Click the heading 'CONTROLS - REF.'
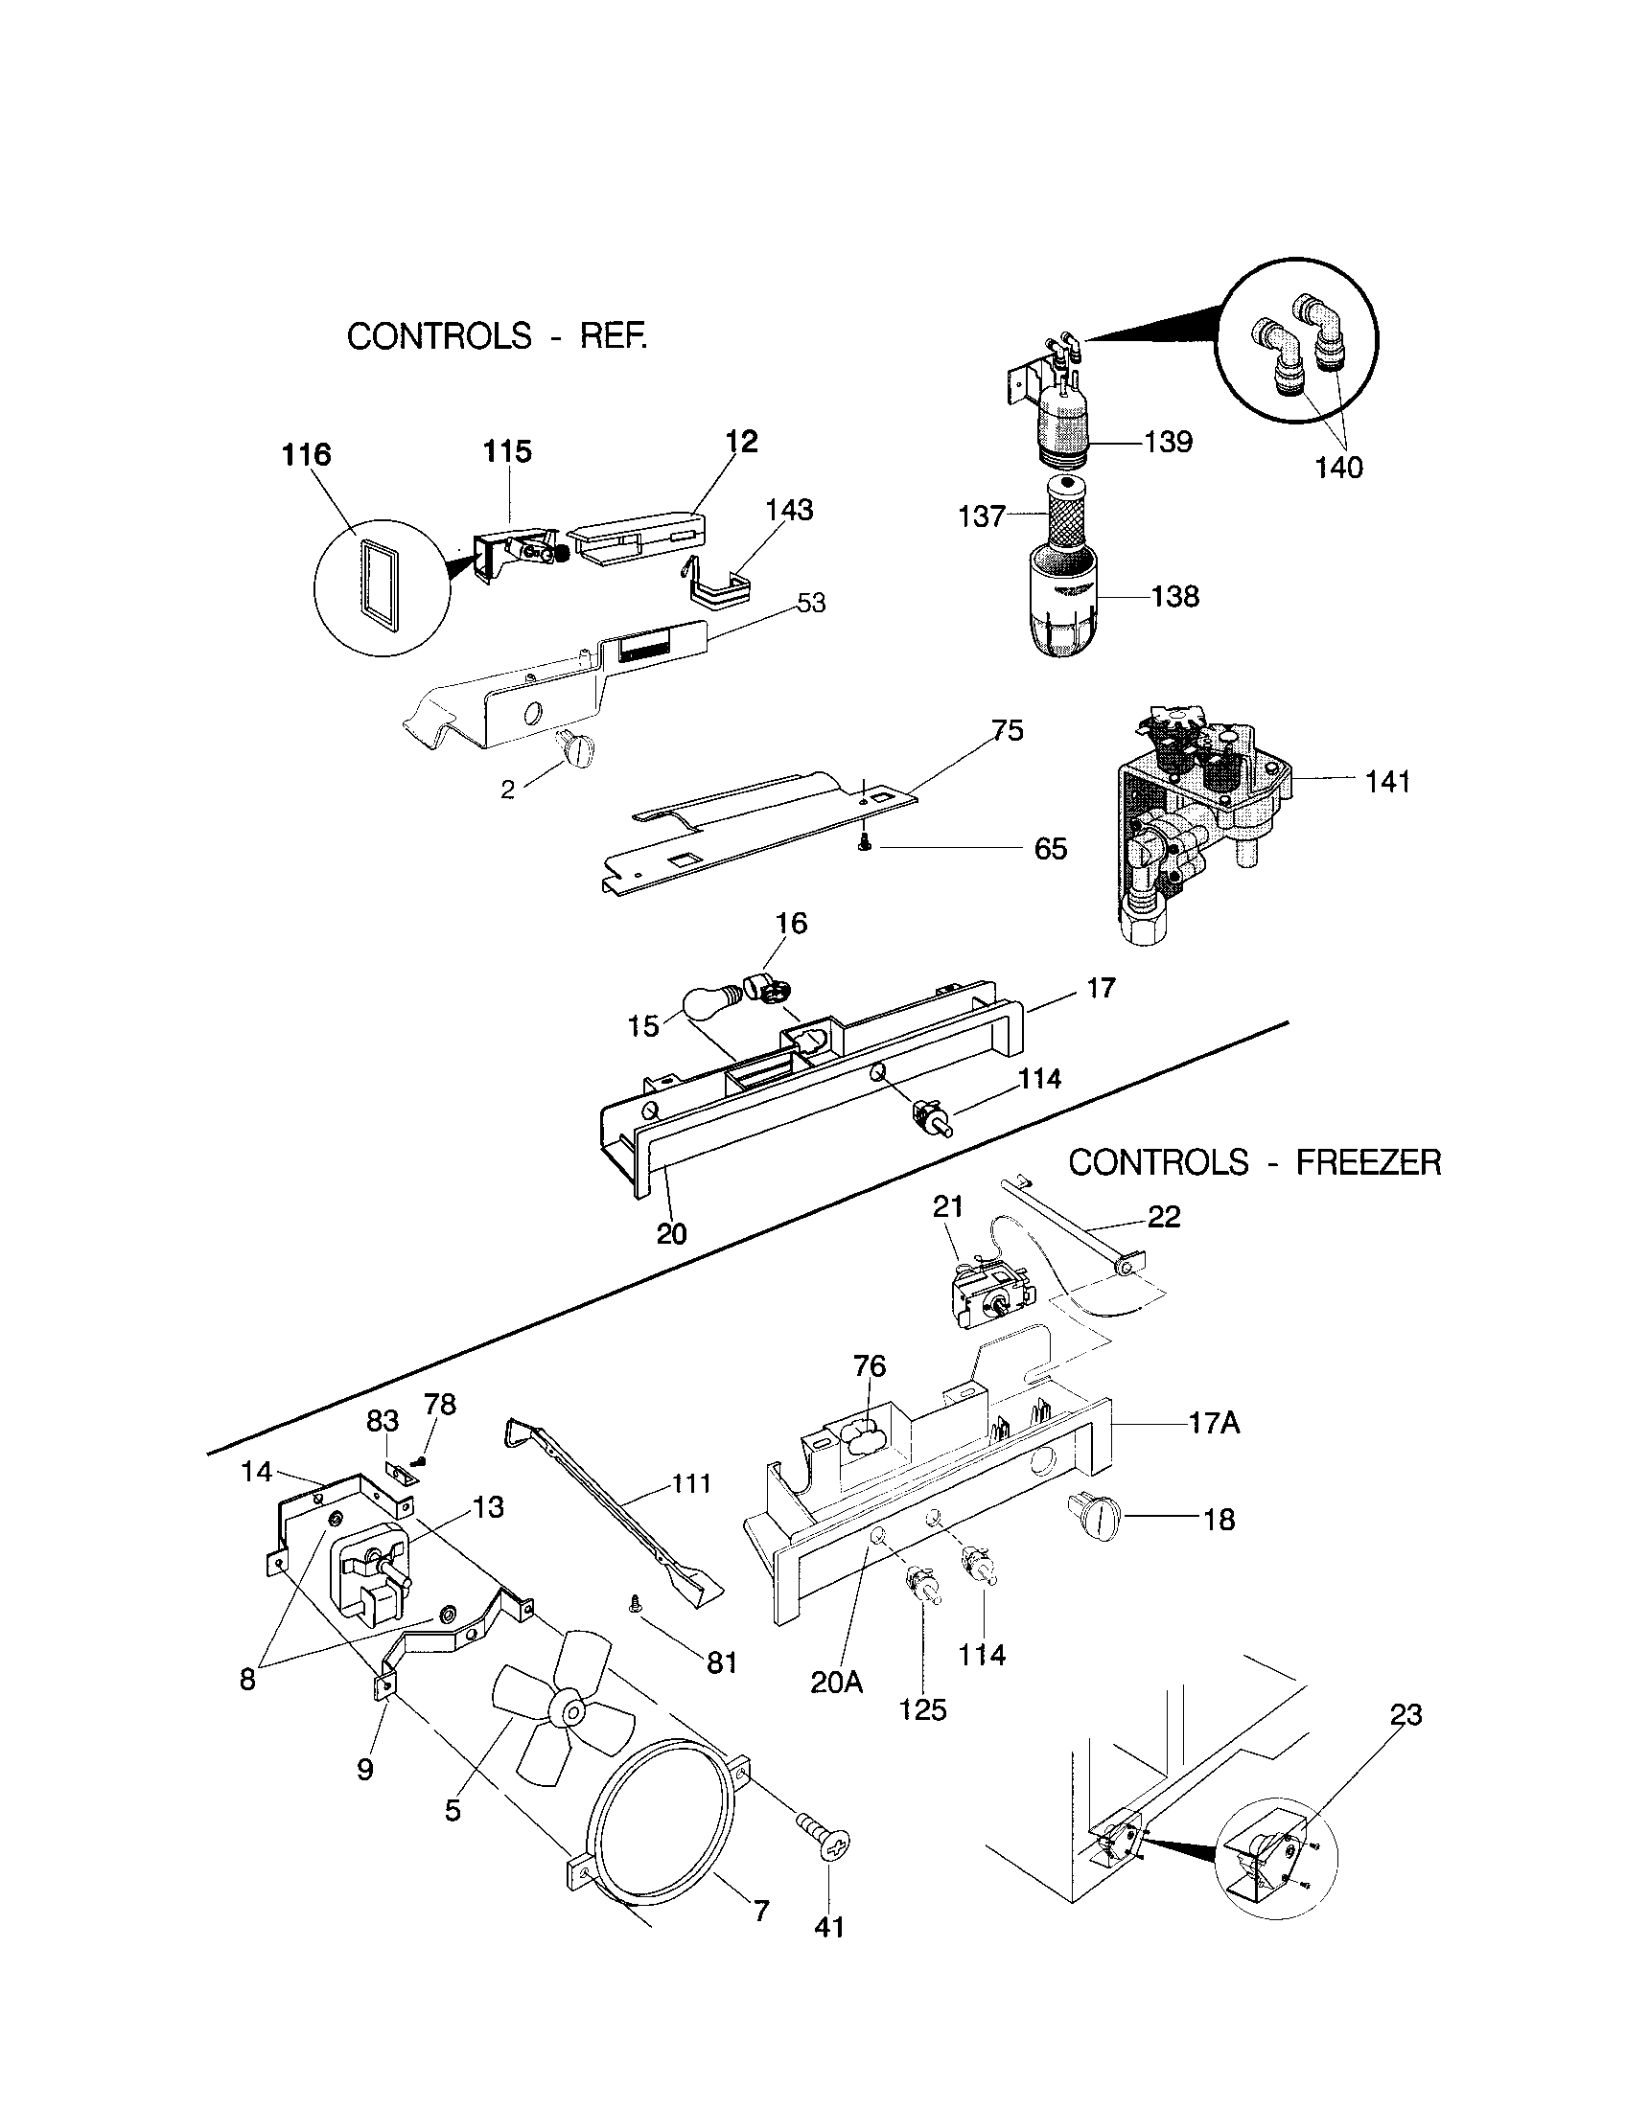497,337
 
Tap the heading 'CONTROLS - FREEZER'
1253,1162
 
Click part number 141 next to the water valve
1387,782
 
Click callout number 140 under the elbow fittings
1338,469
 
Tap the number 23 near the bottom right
1405,1715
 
